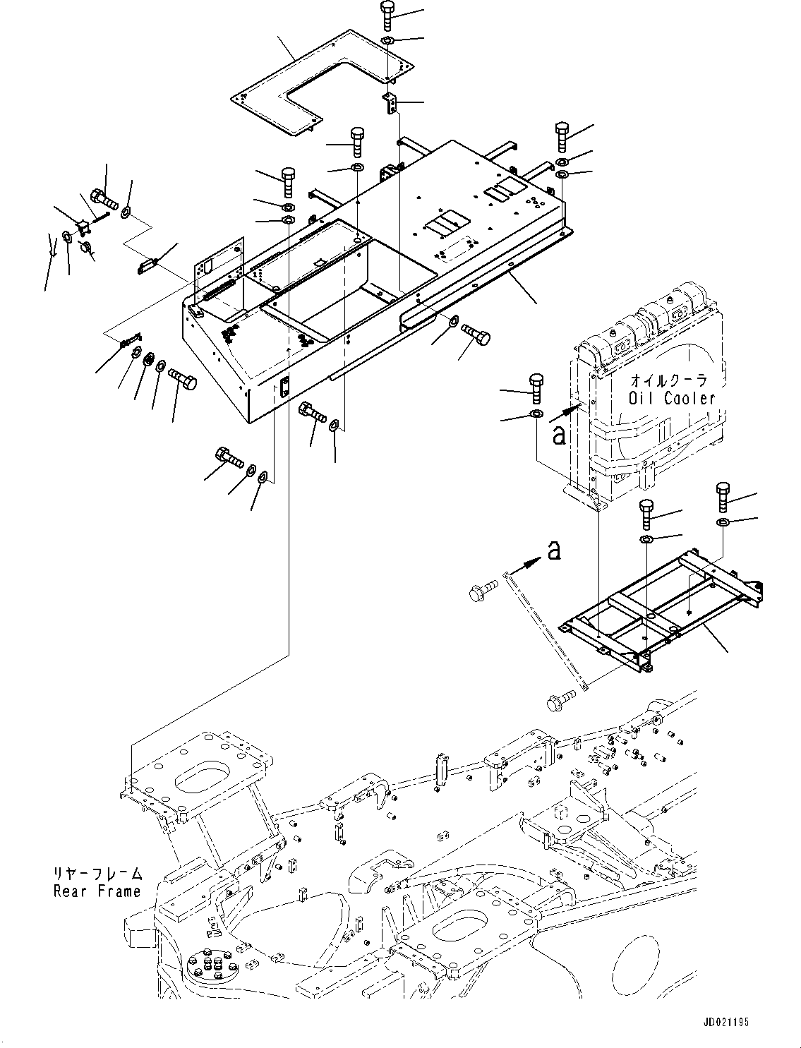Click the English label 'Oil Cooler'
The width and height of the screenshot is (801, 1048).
point(672,398)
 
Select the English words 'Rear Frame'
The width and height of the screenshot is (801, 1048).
point(97,891)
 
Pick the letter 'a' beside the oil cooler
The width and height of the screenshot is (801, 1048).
point(559,436)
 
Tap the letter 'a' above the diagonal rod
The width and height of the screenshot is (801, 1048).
point(555,549)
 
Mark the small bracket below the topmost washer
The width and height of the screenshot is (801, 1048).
point(390,103)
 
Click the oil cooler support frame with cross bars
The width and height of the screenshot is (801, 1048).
point(660,614)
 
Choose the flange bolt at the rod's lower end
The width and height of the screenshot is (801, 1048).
point(557,701)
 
